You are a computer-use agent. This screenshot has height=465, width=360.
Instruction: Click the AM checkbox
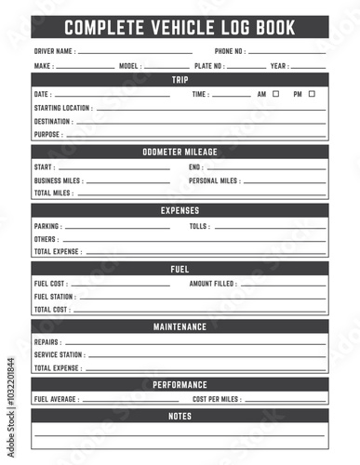click(275, 94)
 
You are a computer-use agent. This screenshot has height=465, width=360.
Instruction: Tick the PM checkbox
click(312, 94)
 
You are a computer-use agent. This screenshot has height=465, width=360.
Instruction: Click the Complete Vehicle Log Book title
click(180, 28)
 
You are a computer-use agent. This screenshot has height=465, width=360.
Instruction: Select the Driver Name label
click(55, 51)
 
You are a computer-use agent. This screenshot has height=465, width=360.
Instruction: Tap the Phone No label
click(230, 51)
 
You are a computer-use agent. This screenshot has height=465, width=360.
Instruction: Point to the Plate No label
click(208, 67)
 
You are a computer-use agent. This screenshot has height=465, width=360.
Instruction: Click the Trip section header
click(180, 80)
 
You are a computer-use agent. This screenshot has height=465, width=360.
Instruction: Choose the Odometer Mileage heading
click(180, 153)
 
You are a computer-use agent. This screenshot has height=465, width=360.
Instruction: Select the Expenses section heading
click(180, 211)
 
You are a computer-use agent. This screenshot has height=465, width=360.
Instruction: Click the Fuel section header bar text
click(180, 270)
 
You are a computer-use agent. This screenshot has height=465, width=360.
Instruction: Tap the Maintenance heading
click(180, 327)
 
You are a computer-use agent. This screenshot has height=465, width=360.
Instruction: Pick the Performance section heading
click(180, 385)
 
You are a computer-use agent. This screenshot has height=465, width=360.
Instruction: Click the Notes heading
click(180, 417)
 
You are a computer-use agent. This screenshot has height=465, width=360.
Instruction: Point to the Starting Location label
click(62, 108)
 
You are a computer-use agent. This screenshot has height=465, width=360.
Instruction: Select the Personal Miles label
click(215, 180)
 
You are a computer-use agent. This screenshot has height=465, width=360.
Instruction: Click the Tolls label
click(199, 226)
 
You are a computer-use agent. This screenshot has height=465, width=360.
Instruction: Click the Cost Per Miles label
click(217, 399)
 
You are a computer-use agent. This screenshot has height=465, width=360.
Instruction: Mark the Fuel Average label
click(56, 399)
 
